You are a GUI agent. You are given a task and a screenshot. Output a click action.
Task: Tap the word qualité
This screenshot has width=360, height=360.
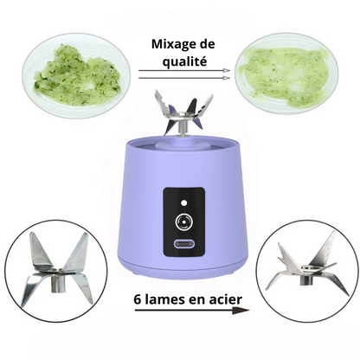pyautogui.click(x=184, y=61)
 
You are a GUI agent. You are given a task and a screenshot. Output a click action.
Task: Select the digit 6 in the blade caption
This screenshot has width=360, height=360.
pyautogui.click(x=138, y=299)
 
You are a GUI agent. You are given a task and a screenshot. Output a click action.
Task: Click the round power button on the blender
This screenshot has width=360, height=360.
pyautogui.click(x=183, y=222)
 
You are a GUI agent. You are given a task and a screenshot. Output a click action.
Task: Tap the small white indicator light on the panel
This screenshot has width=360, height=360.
pyautogui.click(x=183, y=202)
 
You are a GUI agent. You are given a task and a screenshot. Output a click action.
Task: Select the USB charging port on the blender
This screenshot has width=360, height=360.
pyautogui.click(x=183, y=243)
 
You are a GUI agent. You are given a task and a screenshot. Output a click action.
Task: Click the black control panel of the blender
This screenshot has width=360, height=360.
pyautogui.click(x=184, y=222)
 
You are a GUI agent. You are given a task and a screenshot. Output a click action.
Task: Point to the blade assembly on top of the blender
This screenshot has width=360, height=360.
pyautogui.click(x=183, y=114)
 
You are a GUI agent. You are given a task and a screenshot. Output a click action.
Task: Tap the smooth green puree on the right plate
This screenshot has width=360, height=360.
pyautogui.click(x=284, y=75)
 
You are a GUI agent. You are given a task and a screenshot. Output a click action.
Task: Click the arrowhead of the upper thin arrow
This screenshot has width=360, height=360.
pyautogui.click(x=227, y=70)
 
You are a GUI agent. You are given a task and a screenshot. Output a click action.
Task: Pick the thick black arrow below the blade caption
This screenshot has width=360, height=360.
pyautogui.click(x=192, y=310)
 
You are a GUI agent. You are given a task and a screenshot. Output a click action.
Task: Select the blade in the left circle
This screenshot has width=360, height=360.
pyautogui.click(x=57, y=268)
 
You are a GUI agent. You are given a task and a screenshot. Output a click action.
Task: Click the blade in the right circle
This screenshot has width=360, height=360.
pyautogui.click(x=306, y=266)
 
